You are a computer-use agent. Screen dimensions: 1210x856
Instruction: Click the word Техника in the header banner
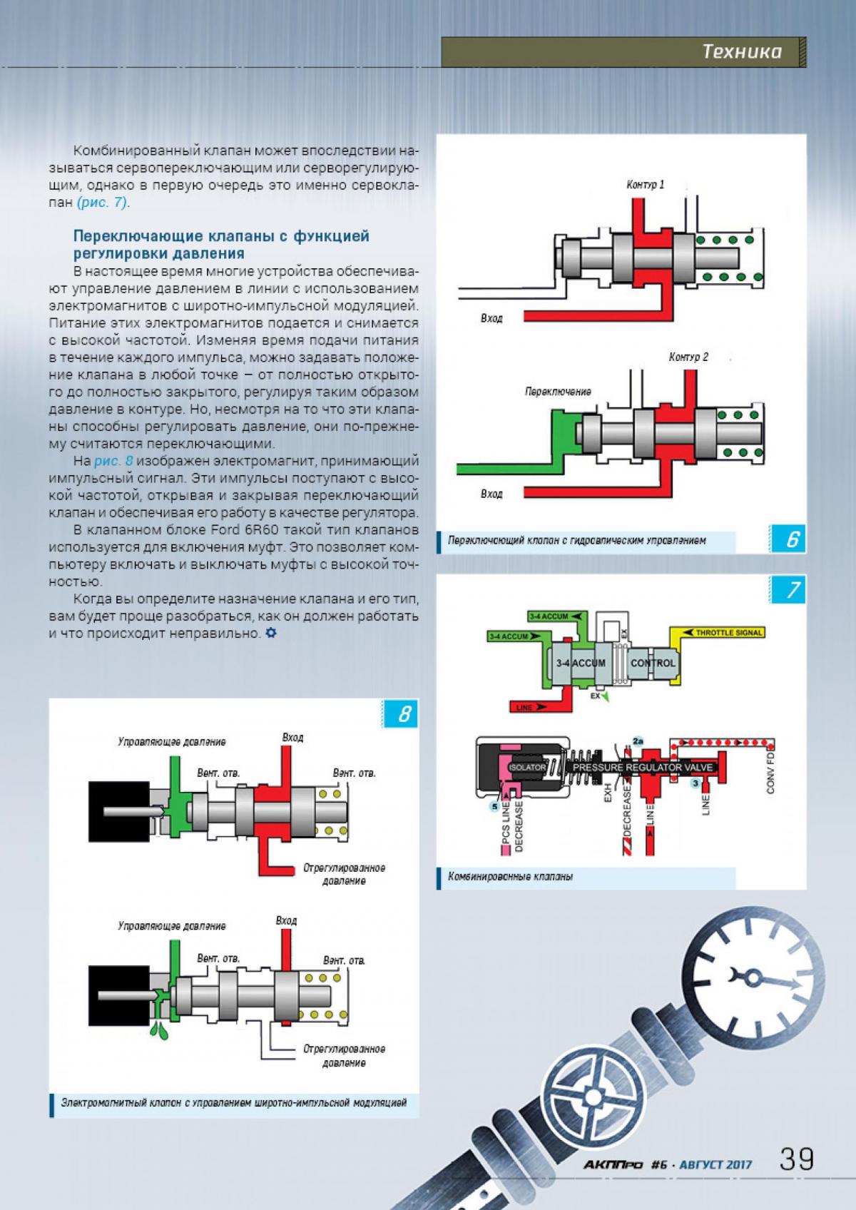tap(741, 51)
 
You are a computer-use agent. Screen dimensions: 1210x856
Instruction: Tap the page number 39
tap(796, 1159)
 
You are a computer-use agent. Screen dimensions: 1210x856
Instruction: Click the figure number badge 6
tap(793, 540)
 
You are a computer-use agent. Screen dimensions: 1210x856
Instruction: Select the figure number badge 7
tap(793, 591)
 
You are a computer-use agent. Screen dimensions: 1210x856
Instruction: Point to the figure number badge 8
tap(404, 714)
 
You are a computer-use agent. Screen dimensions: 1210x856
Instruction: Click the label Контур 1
tap(645, 185)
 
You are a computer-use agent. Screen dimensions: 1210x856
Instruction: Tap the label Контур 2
tap(688, 357)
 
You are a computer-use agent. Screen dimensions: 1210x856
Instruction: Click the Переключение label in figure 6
tap(558, 392)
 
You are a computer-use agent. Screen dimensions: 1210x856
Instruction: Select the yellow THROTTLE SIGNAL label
tap(728, 633)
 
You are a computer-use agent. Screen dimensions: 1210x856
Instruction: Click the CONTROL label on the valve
tap(653, 663)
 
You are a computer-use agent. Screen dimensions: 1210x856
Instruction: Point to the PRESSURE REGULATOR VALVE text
tap(643, 767)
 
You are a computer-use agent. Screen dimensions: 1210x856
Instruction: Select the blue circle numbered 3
tap(694, 783)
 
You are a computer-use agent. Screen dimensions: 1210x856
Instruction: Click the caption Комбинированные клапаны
tap(511, 877)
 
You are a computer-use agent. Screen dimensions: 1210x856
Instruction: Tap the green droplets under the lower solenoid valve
tap(158, 1029)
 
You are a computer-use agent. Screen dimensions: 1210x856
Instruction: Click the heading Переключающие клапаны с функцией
tap(222, 236)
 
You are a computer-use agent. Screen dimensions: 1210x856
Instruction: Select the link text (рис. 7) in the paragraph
tap(103, 203)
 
